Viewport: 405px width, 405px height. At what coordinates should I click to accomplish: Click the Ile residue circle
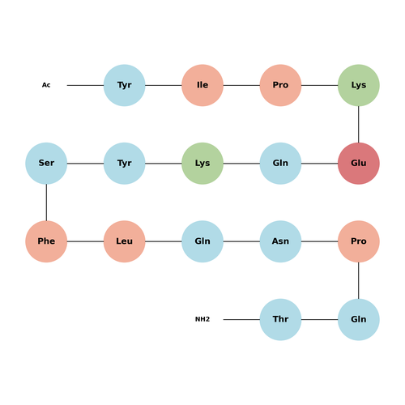[x=202, y=85]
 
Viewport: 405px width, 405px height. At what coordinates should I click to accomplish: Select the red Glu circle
[x=359, y=164]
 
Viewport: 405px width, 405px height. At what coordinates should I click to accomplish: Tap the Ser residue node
[x=46, y=164]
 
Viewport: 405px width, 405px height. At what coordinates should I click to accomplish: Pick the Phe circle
[x=46, y=241]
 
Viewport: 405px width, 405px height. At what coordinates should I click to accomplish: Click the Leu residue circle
[x=125, y=241]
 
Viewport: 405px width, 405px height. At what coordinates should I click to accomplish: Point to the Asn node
[x=280, y=241]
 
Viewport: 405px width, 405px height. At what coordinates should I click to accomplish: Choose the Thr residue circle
[x=280, y=319]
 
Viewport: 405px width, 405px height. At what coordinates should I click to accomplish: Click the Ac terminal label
[x=46, y=85]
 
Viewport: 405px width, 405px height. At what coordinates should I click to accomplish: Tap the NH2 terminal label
[x=202, y=319]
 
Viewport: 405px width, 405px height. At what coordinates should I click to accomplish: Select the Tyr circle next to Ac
[x=125, y=85]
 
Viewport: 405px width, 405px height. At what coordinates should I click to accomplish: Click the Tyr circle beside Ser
[x=125, y=164]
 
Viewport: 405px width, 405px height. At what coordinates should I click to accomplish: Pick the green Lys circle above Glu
[x=359, y=85]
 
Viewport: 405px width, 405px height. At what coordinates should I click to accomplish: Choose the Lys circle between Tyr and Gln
[x=202, y=164]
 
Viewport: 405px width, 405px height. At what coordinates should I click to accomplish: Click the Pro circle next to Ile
[x=280, y=85]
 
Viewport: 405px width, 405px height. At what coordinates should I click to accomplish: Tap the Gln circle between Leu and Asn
[x=202, y=241]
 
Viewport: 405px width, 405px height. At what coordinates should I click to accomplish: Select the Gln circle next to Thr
[x=359, y=319]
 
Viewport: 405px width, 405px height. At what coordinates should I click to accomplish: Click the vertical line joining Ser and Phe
[x=46, y=202]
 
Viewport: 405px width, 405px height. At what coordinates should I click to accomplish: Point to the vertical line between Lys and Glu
[x=359, y=125]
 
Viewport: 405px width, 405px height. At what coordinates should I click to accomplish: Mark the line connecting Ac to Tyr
[x=85, y=85]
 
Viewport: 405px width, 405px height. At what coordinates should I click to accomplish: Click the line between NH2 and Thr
[x=241, y=319]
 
